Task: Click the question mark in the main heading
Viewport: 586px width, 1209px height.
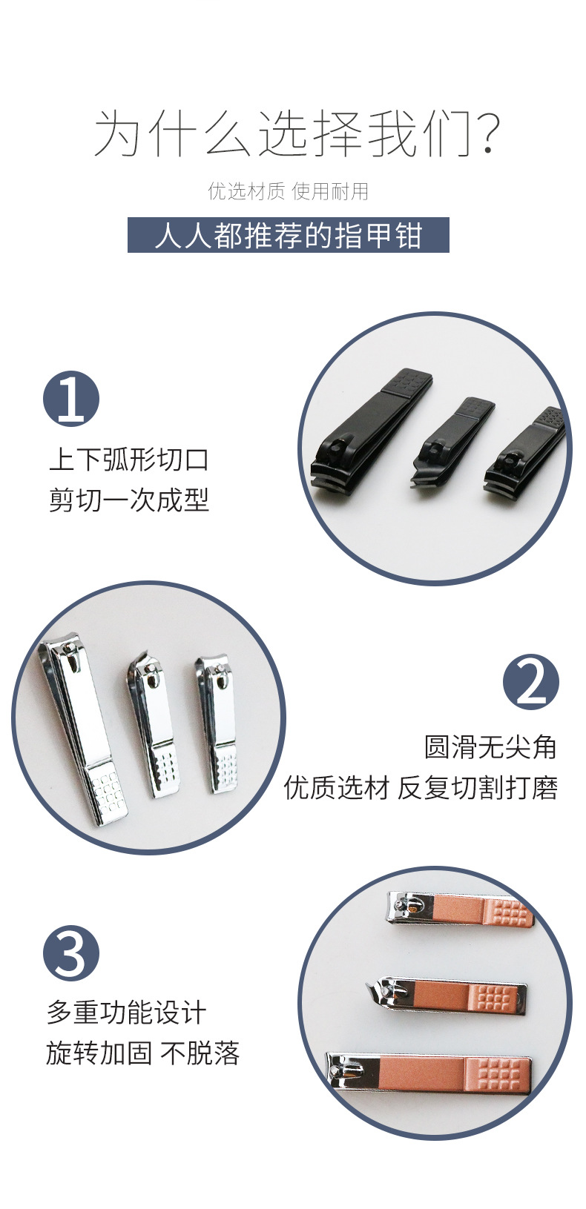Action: tap(488, 133)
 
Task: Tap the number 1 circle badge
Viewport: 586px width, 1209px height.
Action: tap(71, 398)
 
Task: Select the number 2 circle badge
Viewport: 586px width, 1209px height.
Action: tap(530, 682)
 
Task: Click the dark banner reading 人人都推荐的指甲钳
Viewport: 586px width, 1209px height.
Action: tap(289, 235)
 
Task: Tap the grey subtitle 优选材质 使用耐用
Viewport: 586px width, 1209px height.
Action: tap(289, 191)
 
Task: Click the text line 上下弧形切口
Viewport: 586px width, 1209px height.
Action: tap(128, 460)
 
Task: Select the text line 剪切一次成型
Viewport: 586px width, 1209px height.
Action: tap(128, 500)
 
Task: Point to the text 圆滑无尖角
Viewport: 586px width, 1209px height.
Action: tap(490, 747)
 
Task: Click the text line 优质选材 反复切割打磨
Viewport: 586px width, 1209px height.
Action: tap(421, 787)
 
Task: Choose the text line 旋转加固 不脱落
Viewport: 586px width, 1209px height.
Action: tap(142, 1053)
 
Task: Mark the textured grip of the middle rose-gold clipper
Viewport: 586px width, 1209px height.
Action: tap(493, 997)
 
